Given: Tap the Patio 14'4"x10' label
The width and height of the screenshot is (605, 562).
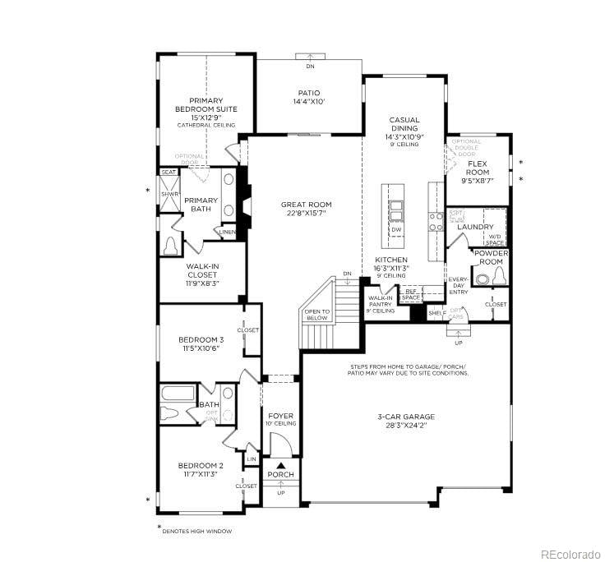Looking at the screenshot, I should pyautogui.click(x=308, y=97).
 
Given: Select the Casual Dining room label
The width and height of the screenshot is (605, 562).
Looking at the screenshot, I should pyautogui.click(x=404, y=131).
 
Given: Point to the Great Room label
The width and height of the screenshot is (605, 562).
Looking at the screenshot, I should pyautogui.click(x=306, y=209).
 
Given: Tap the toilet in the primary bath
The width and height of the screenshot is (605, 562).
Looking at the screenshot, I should pyautogui.click(x=172, y=246).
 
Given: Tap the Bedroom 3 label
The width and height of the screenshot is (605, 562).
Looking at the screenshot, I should pyautogui.click(x=201, y=343).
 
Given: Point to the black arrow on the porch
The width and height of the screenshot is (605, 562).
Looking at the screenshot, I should pyautogui.click(x=279, y=466).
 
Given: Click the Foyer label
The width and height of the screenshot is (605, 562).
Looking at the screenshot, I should pyautogui.click(x=280, y=419).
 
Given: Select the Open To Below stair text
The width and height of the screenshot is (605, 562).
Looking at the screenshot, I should pyautogui.click(x=317, y=315).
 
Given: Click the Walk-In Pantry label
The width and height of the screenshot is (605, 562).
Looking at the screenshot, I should pyautogui.click(x=381, y=305).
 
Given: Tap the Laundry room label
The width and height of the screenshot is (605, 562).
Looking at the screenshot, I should pyautogui.click(x=475, y=227).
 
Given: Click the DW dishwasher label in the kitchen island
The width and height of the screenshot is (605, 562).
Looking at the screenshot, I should pyautogui.click(x=395, y=230).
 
